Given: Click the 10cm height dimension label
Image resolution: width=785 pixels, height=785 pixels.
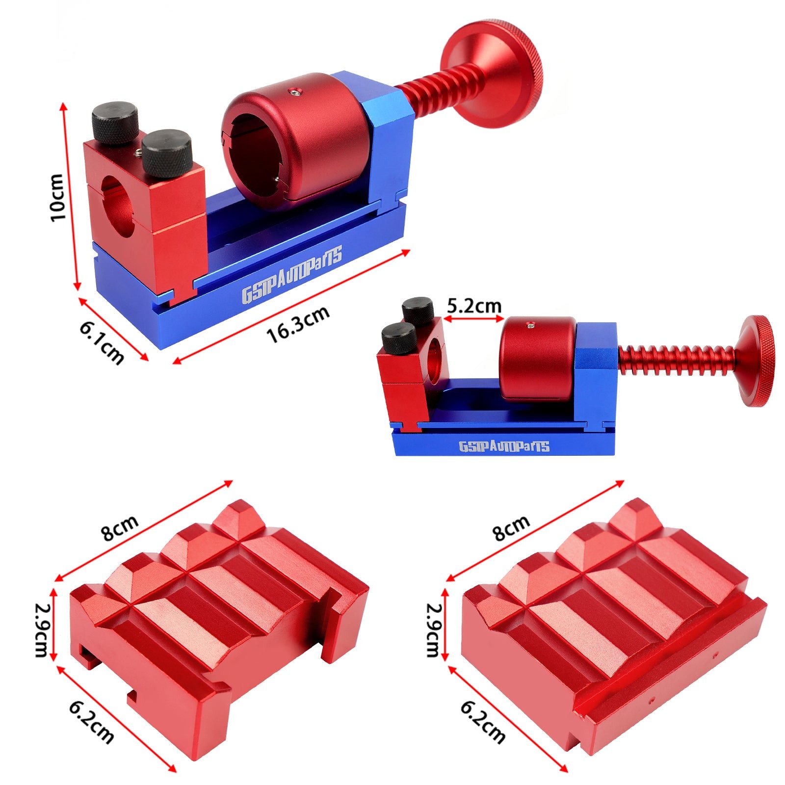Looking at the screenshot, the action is [57, 197].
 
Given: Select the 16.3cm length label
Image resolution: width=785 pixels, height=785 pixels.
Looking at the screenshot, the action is [298, 324].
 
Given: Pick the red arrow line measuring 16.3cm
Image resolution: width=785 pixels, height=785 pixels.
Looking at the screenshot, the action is [291, 307].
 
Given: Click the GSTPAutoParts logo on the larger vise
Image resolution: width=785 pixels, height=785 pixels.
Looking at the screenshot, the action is [292, 275].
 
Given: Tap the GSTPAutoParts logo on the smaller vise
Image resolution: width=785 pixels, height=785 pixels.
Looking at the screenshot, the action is [504, 446].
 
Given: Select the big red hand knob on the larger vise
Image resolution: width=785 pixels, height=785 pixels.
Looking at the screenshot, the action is [492, 74].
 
